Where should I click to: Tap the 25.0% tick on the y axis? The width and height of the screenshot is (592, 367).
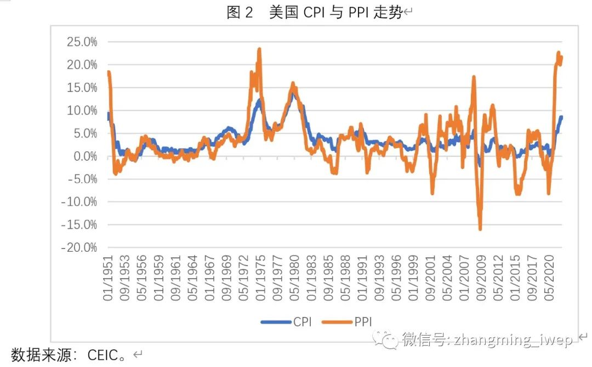point(82,42)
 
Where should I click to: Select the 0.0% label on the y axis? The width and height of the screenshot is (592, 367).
point(85,156)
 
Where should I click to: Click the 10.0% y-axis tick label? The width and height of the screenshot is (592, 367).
point(82,110)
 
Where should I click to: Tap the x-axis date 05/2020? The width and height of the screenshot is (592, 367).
point(551,280)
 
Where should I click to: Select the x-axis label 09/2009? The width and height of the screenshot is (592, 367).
point(482,280)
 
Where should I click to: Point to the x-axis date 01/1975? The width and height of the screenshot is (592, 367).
point(261,280)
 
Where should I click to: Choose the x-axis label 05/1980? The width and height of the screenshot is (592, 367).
point(295,280)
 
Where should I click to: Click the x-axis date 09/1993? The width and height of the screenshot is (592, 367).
point(380,280)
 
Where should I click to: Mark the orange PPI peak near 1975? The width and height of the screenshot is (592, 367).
point(259,49)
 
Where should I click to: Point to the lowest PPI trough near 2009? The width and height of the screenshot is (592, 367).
point(480,228)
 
